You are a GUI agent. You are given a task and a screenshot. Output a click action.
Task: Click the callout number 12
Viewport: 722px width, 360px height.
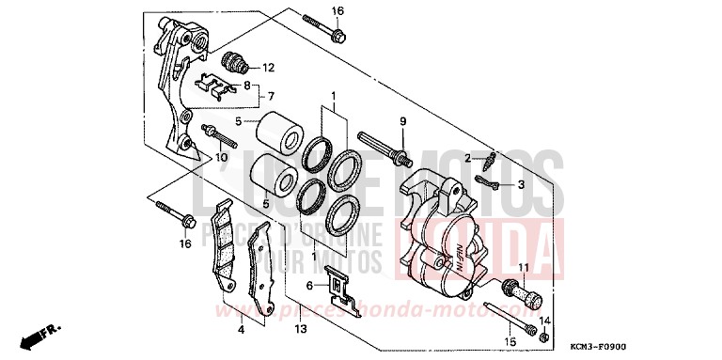(x=268, y=68)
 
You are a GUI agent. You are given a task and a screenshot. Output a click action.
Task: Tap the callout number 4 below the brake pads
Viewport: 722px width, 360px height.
(x=242, y=329)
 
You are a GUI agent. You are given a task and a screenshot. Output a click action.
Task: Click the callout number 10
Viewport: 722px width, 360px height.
(x=223, y=157)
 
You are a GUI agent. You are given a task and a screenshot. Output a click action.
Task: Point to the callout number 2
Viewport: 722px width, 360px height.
(x=466, y=157)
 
